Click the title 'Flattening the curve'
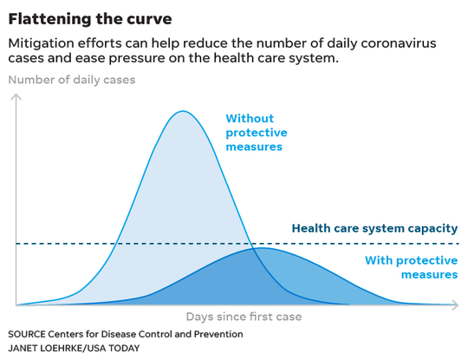coord(90,19)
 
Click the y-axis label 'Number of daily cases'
coord(72,80)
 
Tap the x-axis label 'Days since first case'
coord(244,317)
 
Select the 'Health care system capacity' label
coord(374,228)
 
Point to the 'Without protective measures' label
coord(257,133)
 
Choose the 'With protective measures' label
coord(412,267)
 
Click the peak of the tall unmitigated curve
coord(183,111)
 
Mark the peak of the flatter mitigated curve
coord(262,248)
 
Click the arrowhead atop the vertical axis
coord(16,97)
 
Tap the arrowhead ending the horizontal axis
coord(456,305)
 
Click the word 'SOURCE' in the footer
coord(27,334)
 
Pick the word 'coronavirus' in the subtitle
coord(399,43)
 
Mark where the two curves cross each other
coord(254,249)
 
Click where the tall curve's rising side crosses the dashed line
coord(116,244)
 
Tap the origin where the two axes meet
coord(16,305)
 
